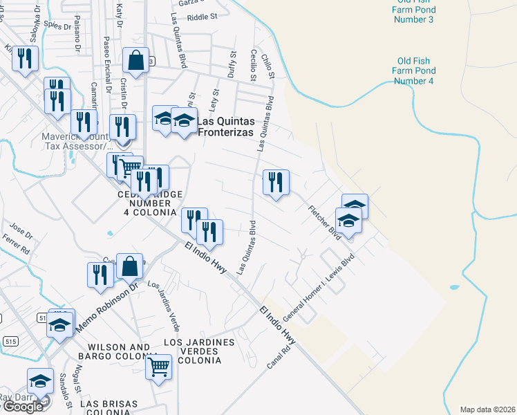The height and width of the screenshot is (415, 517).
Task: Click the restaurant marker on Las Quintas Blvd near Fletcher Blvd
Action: click(276, 183)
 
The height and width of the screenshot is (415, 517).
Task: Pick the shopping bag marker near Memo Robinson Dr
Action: click(129, 266)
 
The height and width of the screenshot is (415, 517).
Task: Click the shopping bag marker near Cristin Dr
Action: click(135, 61)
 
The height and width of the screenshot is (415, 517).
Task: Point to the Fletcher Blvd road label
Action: click(325, 223)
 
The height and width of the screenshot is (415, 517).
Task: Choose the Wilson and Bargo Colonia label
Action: click(113, 351)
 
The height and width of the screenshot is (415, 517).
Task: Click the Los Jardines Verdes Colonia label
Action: click(200, 351)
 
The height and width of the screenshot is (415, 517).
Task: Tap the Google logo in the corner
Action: click(23, 407)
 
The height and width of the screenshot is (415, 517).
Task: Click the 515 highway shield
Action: click(10, 342)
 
